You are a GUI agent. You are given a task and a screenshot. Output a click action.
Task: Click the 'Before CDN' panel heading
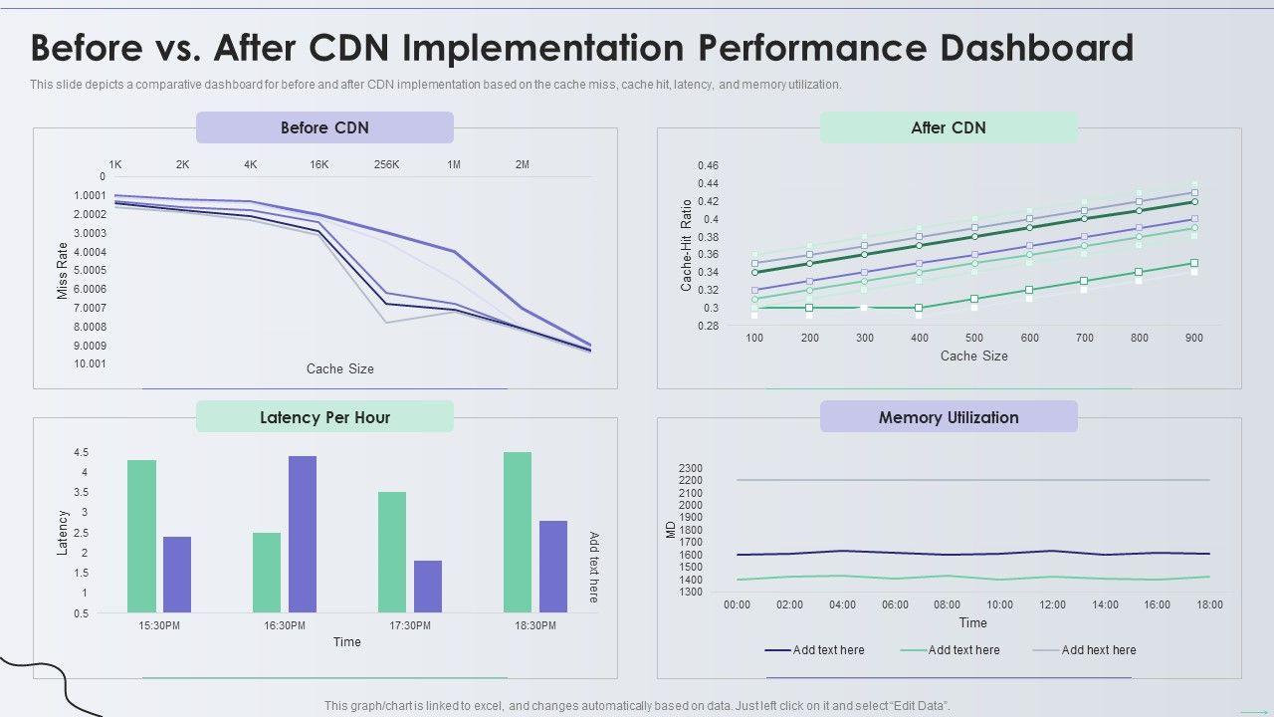coord(324,127)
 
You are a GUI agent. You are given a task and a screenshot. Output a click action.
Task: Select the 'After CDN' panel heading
coord(948,127)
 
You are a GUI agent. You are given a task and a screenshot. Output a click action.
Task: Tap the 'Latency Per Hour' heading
coord(324,417)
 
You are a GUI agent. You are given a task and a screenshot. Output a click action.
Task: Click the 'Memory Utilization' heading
coord(948,417)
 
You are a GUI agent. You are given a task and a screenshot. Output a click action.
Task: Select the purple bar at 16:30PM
coord(303,534)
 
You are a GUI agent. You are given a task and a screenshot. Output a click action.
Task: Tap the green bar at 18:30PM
coord(518,532)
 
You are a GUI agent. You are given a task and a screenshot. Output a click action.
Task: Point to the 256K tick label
coord(387,164)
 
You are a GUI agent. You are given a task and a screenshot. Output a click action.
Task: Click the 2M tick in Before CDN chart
coord(522,164)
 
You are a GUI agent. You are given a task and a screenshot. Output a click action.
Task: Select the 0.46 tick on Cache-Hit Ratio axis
coord(708,165)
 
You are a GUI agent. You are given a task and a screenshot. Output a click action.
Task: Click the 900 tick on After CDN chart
coord(1193,338)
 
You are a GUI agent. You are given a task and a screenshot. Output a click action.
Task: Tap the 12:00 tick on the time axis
coord(1052,604)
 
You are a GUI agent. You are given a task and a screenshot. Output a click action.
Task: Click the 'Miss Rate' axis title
coord(63,271)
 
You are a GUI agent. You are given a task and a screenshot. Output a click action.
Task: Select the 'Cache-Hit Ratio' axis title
coord(686,246)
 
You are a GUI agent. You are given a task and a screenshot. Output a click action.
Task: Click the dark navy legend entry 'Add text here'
coord(828,650)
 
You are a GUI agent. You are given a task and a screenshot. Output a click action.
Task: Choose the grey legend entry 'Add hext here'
coord(1098,650)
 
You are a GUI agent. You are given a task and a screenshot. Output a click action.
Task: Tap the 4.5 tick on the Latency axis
coord(80,453)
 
